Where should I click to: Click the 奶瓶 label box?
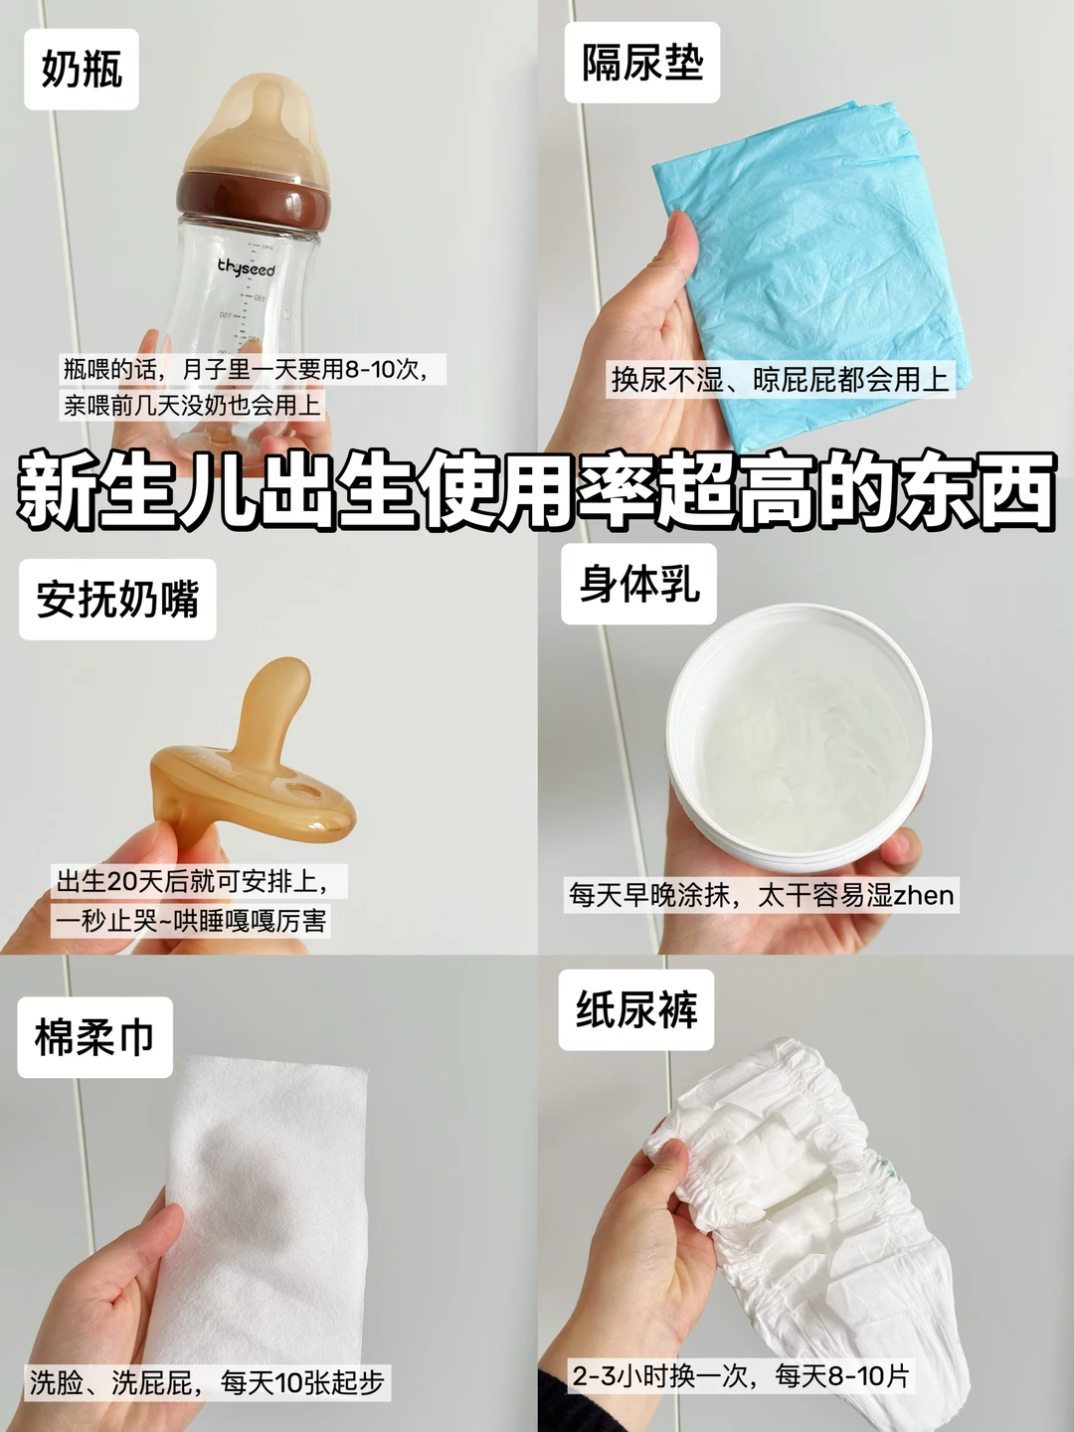click(x=82, y=70)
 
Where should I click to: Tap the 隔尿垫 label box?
click(x=642, y=63)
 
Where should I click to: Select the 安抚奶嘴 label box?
click(x=117, y=599)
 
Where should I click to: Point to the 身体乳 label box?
click(x=639, y=584)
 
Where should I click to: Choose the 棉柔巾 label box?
click(x=94, y=1037)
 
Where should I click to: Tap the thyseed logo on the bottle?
click(x=247, y=268)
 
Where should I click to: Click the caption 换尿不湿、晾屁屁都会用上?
click(x=781, y=380)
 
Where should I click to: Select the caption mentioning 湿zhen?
click(x=761, y=894)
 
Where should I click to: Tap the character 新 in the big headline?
click(x=58, y=489)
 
